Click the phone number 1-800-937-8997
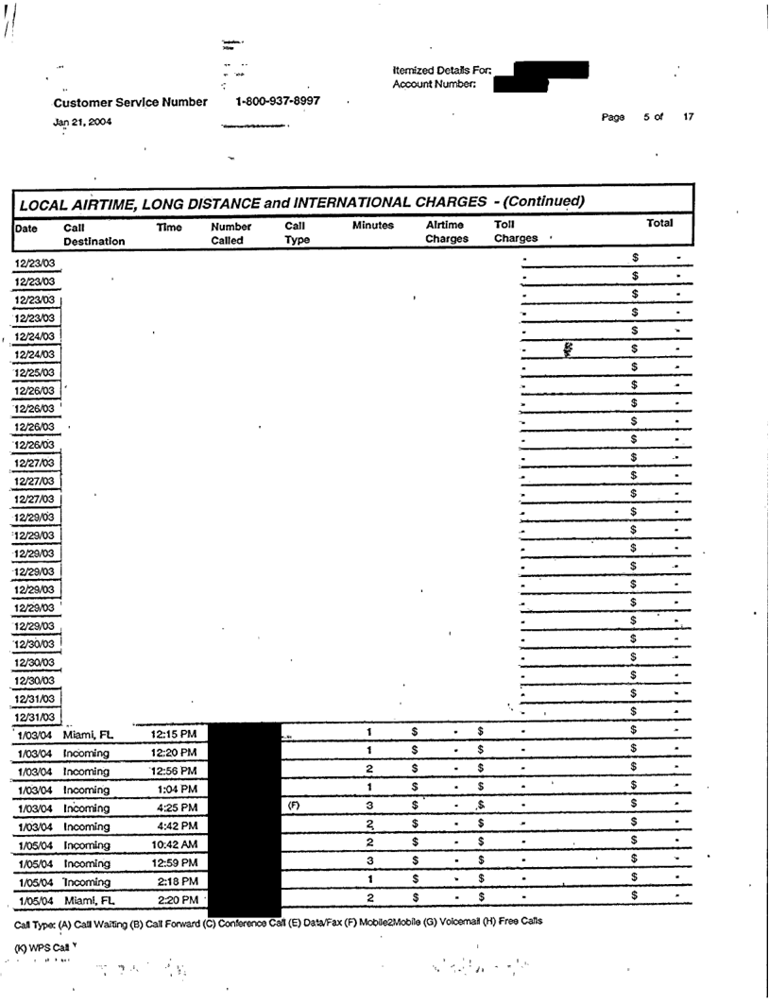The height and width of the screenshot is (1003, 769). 277,101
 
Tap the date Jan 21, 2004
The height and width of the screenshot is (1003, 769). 81,120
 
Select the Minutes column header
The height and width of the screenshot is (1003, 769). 373,227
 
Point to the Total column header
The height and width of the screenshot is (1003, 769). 658,224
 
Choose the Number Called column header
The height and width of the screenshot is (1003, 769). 231,233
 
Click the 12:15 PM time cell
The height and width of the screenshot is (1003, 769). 174,734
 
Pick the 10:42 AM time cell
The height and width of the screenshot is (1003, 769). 174,844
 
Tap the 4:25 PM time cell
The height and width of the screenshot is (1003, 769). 174,807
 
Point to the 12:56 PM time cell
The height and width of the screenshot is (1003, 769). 174,771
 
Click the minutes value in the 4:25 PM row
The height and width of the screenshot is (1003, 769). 370,807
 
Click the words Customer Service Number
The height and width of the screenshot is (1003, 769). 130,102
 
